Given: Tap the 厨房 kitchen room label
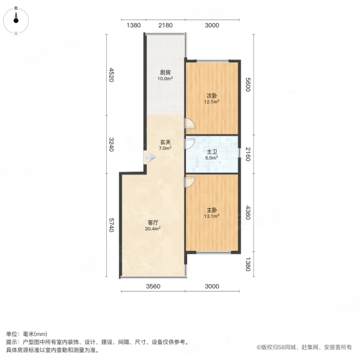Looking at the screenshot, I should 165,72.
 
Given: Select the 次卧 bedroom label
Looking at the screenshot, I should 211,95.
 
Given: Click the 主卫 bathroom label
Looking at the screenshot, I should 212,152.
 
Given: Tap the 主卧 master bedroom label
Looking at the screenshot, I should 211,210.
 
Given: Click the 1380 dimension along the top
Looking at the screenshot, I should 134,25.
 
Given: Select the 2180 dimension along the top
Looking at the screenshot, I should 165,25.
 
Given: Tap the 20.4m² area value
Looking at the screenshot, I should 152,229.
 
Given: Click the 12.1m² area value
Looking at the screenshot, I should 211,102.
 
